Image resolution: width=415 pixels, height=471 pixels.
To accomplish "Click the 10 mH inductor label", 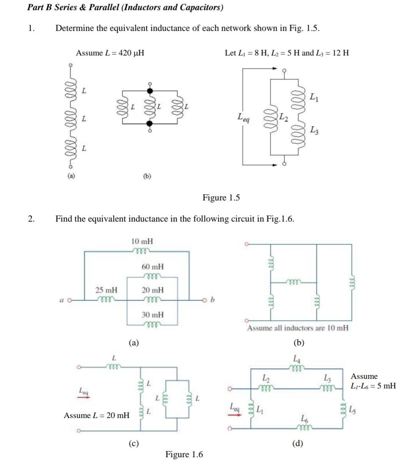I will (142, 242).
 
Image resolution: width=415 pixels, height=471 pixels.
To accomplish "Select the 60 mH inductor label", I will (153, 267).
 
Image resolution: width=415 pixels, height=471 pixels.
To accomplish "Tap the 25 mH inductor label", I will (106, 290).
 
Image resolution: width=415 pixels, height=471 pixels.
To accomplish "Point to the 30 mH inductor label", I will (153, 315).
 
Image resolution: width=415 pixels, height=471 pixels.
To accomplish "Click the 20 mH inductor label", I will (153, 290).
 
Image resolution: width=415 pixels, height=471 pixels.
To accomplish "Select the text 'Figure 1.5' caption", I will (221, 198).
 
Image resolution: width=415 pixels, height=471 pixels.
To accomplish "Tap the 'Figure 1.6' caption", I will (184, 454).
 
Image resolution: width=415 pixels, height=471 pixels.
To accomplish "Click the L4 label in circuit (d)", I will (297, 360).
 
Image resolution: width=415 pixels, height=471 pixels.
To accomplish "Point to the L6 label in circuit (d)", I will (304, 418).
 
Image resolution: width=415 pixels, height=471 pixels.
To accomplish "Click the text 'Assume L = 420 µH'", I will (110, 53).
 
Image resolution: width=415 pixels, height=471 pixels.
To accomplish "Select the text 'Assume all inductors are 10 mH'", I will (298, 328).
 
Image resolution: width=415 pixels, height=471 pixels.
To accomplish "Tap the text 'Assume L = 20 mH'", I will (96, 415).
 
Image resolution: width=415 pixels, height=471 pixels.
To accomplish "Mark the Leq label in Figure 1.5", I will (243, 117).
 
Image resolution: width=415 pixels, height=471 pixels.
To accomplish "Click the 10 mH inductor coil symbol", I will (141, 251).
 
